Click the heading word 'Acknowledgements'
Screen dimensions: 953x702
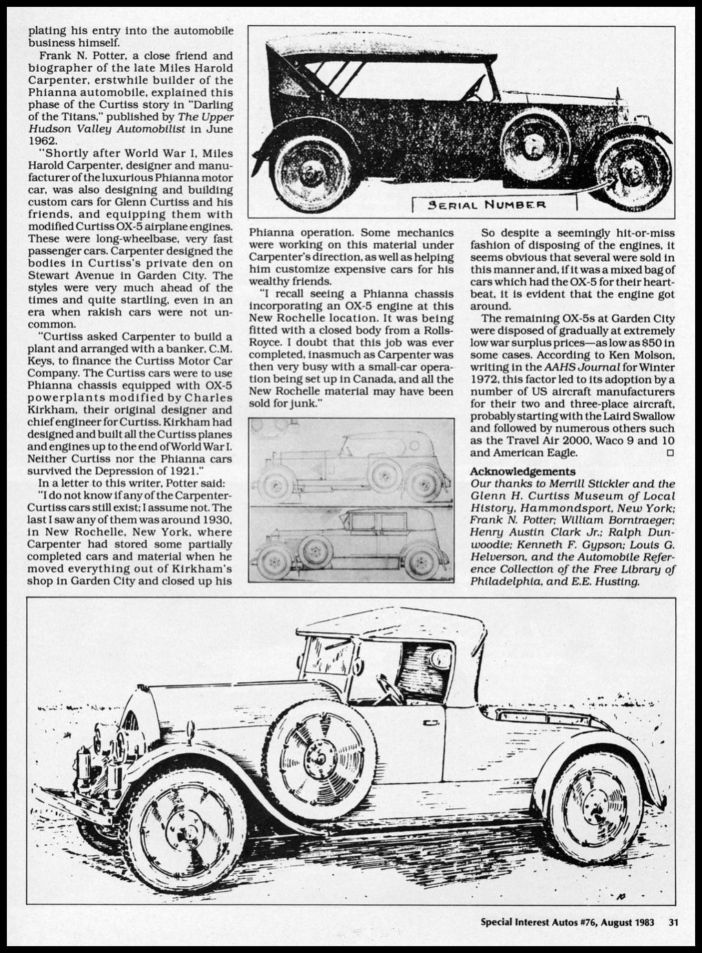click(x=522, y=471)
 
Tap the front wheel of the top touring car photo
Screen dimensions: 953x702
click(x=632, y=172)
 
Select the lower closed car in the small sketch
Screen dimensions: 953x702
click(x=350, y=542)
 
